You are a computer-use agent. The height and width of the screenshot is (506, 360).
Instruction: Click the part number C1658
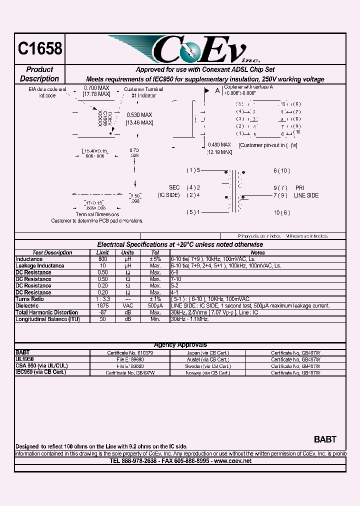coord(40,48)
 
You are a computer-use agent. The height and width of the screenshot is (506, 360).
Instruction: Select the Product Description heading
coord(39,74)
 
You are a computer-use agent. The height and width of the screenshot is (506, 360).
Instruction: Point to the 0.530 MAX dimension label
coord(139,114)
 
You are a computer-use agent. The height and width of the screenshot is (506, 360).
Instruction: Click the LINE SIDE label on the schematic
coord(306,195)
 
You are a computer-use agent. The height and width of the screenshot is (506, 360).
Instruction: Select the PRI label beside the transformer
coord(299,187)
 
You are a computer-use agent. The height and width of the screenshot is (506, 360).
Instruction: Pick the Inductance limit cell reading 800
coord(102,259)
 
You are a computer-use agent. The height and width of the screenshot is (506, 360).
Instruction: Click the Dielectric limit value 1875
coord(102,305)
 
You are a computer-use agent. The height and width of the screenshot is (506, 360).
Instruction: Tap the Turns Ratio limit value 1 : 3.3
coord(102,298)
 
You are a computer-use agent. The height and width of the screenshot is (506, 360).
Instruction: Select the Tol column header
coord(155,252)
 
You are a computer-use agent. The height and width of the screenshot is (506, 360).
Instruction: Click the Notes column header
coord(257,252)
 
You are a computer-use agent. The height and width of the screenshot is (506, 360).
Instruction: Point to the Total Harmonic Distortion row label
coord(46,312)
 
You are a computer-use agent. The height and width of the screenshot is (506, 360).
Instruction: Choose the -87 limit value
coord(102,312)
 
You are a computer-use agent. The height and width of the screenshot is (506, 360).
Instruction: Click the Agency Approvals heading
coord(180,345)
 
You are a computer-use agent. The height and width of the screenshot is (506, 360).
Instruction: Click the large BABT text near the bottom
coord(325,439)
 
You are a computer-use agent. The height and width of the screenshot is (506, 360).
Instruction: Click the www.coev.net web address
coord(232,461)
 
